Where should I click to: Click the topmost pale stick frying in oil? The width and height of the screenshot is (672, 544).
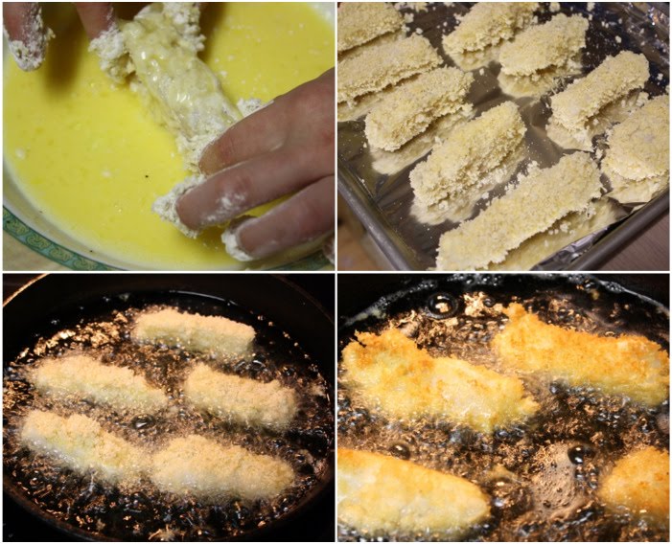[x=195, y=331]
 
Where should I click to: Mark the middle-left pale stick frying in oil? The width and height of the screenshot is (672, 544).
[x=96, y=381]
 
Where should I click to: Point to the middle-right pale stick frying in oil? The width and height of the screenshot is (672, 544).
[x=240, y=394]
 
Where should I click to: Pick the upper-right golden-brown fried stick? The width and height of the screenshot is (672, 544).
[x=585, y=354]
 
